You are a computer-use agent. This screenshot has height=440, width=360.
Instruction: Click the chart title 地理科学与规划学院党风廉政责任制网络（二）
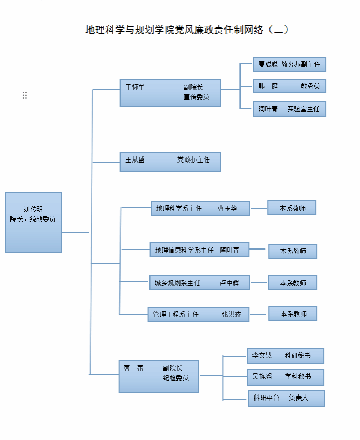[187, 30]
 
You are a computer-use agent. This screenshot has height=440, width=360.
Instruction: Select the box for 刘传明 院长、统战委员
[33, 223]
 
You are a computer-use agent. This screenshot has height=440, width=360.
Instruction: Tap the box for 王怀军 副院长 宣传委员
[170, 93]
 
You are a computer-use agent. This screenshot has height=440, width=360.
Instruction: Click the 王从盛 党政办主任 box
[170, 162]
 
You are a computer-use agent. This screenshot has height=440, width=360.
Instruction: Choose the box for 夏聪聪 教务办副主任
[289, 65]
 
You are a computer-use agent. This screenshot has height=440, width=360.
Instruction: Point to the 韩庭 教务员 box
[289, 86]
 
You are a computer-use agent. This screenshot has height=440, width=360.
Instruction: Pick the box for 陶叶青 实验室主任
[289, 109]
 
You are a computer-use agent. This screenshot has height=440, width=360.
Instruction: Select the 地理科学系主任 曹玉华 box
[200, 208]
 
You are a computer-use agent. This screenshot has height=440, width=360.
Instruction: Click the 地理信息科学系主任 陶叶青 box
[199, 250]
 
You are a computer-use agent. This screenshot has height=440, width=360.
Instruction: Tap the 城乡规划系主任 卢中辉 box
[199, 283]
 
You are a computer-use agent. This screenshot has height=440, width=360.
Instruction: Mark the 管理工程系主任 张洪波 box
[198, 314]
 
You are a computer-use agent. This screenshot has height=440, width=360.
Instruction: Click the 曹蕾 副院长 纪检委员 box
[158, 376]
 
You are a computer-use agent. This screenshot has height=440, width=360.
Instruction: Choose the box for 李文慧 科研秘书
[286, 356]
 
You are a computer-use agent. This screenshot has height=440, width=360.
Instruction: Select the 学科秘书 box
[286, 377]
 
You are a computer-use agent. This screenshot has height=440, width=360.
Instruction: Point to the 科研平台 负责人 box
[286, 398]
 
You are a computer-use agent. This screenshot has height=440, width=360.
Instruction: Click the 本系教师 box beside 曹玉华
[292, 208]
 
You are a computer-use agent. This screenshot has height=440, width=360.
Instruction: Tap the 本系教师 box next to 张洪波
[293, 314]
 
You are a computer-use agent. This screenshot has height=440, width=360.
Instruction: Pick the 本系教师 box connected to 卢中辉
[292, 283]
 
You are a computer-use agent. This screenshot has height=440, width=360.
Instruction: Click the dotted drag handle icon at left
[25, 95]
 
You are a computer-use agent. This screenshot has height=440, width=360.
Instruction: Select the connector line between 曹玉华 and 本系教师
[259, 208]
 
